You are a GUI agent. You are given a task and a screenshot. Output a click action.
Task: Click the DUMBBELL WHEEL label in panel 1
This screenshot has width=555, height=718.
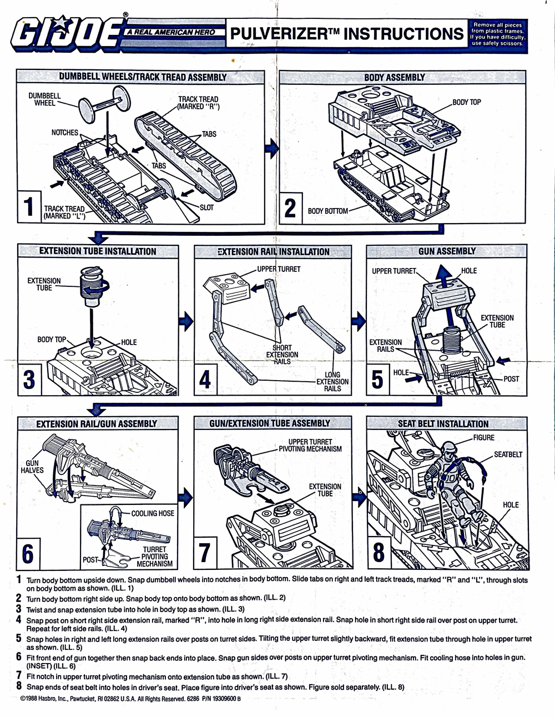pos(44,99)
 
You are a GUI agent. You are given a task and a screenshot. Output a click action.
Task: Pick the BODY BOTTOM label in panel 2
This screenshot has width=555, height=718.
pos(327,211)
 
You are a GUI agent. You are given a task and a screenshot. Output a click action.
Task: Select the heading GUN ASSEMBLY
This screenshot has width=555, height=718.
pos(447,251)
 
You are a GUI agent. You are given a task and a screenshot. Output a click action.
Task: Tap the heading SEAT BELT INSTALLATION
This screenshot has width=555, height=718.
pos(443,424)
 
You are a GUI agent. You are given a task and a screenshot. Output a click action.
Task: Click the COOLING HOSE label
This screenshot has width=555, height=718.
pos(153,513)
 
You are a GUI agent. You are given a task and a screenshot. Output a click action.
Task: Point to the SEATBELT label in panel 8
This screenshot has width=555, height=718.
pos(508,454)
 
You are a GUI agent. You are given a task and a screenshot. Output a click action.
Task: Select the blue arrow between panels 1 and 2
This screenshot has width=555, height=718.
pos(271,149)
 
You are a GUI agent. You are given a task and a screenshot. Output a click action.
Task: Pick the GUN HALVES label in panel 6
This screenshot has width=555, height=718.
pos(32,467)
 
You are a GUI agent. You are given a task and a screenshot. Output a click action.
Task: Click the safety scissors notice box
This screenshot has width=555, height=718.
pos(497,34)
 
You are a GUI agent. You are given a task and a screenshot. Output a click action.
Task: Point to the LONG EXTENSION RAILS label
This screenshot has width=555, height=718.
pos(332,382)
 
